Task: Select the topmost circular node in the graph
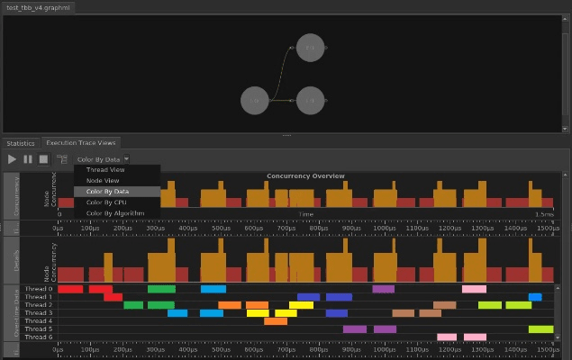tap(310, 47)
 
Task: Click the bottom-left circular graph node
tap(255, 101)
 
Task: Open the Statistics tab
tap(20, 143)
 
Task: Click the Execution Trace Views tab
tap(81, 143)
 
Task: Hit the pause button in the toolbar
tap(28, 159)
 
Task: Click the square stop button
tap(43, 159)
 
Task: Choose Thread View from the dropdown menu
tap(105, 169)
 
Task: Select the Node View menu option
tap(102, 180)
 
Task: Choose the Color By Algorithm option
tap(114, 213)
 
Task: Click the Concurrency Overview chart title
tap(305, 175)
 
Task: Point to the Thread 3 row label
tap(39, 312)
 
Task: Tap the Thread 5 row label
tap(39, 329)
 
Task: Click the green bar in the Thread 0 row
tap(161, 289)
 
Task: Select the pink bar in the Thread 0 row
tap(474, 289)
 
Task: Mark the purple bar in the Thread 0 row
tap(384, 289)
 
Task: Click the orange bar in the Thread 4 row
tap(276, 321)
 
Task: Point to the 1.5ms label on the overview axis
tap(543, 214)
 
